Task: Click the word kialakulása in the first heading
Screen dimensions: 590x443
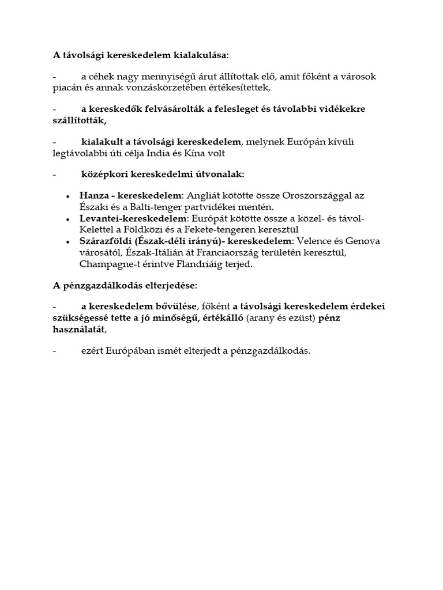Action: click(200, 55)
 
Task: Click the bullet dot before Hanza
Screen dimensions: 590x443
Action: click(69, 196)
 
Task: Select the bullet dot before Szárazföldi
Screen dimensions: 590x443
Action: click(69, 241)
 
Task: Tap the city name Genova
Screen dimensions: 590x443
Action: click(363, 241)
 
